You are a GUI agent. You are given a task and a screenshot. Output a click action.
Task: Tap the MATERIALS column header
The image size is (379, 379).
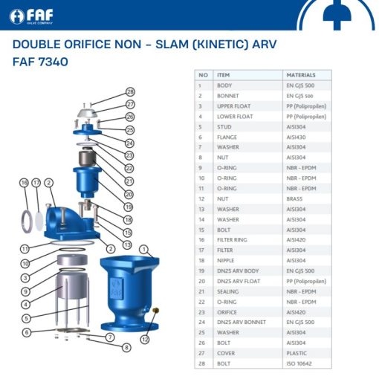click(x=300, y=75)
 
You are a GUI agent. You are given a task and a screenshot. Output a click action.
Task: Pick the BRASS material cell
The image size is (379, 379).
click(x=294, y=199)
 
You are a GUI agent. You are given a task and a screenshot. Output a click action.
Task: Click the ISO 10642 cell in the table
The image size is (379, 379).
click(x=299, y=364)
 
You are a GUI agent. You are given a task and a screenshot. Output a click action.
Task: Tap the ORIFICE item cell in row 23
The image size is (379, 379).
click(x=227, y=313)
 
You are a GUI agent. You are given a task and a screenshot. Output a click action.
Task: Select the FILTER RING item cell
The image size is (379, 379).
click(x=231, y=240)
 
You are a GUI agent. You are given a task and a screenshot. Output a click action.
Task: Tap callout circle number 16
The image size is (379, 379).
click(x=24, y=182)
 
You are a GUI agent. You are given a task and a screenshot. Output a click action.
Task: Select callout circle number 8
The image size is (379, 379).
click(x=126, y=347)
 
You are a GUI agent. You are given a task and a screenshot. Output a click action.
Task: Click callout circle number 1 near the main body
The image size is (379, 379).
click(x=144, y=248)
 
